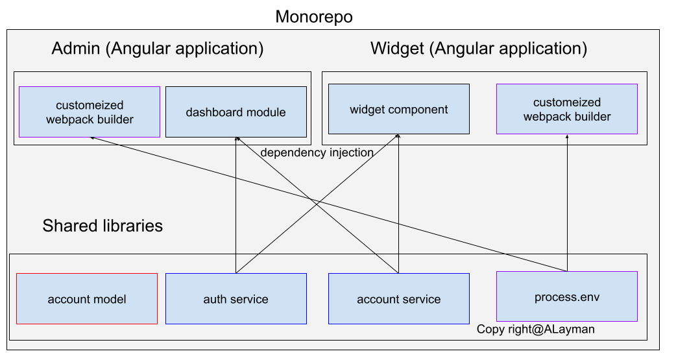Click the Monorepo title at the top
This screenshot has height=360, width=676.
point(314,18)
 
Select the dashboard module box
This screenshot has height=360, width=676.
point(236,112)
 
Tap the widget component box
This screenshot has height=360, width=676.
point(399,109)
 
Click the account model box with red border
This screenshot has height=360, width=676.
point(87,299)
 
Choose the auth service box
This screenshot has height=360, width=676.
point(236,299)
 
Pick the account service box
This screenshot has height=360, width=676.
point(399,299)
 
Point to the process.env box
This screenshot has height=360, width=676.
point(567,296)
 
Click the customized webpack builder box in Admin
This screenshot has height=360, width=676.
point(90,112)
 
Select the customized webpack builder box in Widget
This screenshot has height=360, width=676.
point(567,109)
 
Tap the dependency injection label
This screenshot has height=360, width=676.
point(317,152)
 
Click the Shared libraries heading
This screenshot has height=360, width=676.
point(103,226)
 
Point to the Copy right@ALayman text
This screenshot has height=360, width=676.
point(535,330)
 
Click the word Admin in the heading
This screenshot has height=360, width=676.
point(76,48)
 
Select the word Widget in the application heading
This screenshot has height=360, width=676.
point(397,48)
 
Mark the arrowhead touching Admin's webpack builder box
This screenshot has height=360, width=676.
point(92,138)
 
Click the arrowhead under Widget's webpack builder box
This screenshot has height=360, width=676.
point(567,137)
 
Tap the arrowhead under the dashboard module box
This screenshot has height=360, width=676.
point(236,139)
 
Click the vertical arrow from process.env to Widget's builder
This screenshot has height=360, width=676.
point(567,203)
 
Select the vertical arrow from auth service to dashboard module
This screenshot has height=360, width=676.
point(236,205)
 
